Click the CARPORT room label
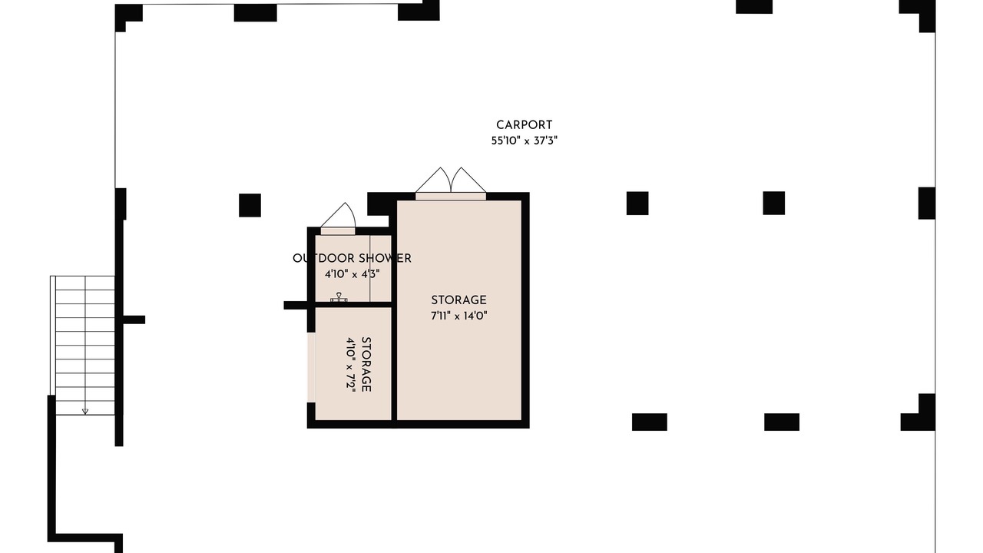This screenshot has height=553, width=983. [524, 125]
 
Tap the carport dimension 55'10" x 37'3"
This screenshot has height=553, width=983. [524, 141]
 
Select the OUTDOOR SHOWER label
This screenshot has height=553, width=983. [352, 259]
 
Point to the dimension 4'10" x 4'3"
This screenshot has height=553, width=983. [352, 274]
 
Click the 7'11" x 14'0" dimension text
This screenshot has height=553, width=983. [459, 316]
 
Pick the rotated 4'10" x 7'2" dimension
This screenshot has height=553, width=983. [351, 364]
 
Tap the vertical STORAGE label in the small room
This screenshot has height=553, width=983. [366, 364]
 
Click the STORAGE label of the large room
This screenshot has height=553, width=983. [458, 300]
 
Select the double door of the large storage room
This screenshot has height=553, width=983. [451, 184]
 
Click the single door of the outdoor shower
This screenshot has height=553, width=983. [338, 220]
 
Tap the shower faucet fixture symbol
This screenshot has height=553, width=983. [339, 297]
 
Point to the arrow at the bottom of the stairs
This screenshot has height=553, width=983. [85, 411]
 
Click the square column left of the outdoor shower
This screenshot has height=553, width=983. [250, 205]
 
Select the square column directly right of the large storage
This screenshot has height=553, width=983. [637, 204]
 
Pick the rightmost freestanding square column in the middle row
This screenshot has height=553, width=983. [773, 204]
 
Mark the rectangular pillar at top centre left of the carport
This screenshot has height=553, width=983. [256, 13]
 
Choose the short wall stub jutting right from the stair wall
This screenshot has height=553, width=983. [134, 320]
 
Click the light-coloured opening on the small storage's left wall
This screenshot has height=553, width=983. [311, 367]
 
